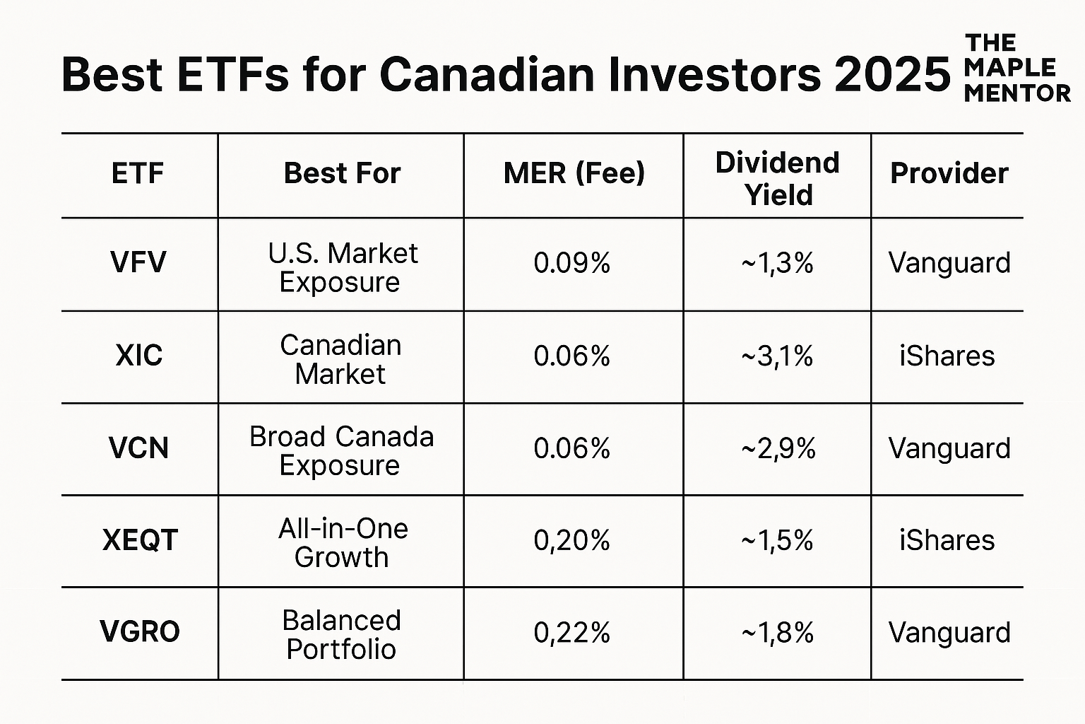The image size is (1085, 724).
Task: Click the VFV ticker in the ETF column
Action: (x=138, y=263)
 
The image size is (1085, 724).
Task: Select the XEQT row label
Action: (x=140, y=540)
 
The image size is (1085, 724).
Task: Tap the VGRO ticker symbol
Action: (x=140, y=632)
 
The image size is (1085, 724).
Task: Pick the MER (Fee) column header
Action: (x=574, y=174)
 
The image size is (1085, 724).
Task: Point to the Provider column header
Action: (x=949, y=174)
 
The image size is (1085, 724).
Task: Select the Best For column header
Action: (x=342, y=174)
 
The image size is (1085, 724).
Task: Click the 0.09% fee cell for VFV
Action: (x=572, y=263)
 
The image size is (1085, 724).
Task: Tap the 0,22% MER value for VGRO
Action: (x=572, y=632)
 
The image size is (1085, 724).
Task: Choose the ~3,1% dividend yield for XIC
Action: (x=777, y=356)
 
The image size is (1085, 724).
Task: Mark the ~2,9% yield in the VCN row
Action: (x=778, y=448)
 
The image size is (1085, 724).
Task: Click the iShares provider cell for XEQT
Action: (x=947, y=540)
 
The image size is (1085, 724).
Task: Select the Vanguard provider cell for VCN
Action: (x=949, y=448)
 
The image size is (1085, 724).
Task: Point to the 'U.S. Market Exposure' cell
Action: (x=342, y=267)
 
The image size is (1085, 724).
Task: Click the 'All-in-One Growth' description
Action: (x=343, y=543)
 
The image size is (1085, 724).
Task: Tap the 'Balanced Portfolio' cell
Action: (x=342, y=635)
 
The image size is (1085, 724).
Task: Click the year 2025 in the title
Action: (x=892, y=75)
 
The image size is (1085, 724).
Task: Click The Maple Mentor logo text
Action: (x=1016, y=68)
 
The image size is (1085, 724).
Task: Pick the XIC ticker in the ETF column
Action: (x=139, y=356)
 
